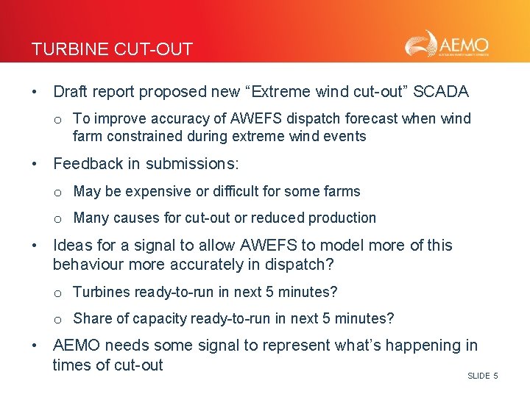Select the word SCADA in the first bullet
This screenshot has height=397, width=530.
click(x=442, y=92)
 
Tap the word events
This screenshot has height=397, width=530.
click(x=346, y=136)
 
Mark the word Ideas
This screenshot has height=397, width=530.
click(x=72, y=246)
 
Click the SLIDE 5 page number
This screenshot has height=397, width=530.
click(x=482, y=376)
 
